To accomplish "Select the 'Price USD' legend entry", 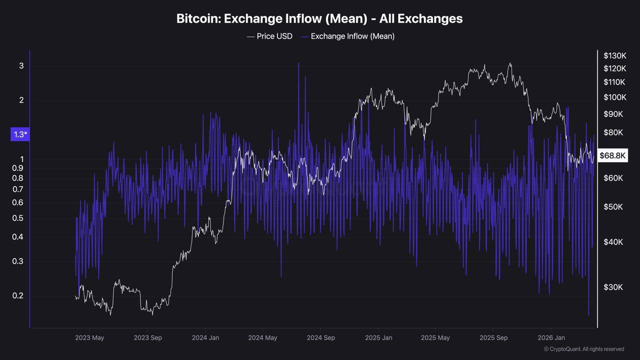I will pos(269,36).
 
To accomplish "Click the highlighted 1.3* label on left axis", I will pos(20,134).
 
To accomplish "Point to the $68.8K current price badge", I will pos(612,155).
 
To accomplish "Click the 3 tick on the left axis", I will pos(21,66).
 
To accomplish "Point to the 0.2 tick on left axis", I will pos(17,295).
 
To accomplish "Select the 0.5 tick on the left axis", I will pos(17,218).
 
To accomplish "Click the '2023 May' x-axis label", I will pos(89,337).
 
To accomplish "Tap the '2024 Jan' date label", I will pos(205,337).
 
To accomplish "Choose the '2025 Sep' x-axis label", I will pos(493,337).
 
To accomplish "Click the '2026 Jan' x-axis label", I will pos(551,337).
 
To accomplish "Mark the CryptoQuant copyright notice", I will pos(583,349).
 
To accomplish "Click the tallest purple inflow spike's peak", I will pos(298,63).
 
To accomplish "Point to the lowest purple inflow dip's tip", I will pos(588,315).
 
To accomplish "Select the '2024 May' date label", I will pos(262,337).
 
